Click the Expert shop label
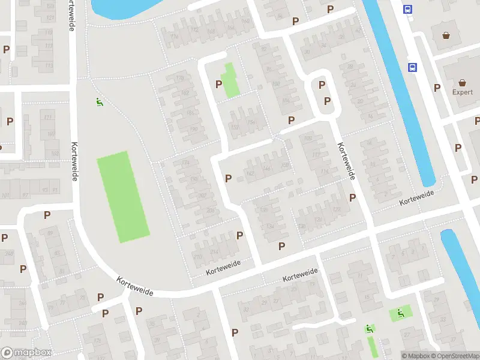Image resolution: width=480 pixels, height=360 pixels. tap(463, 92)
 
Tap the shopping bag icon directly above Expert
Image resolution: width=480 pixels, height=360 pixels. tap(463, 83)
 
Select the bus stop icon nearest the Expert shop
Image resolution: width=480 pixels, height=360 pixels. tap(412, 68)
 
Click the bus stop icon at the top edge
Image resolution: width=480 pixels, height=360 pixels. tap(408, 9)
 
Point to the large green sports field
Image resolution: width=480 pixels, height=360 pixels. tap(123, 196)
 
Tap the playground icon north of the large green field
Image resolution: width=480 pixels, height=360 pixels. tap(99, 102)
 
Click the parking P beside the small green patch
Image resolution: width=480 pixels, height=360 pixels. tap(218, 84)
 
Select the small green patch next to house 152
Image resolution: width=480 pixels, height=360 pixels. tap(232, 80)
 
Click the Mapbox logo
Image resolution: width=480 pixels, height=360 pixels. tap(26, 353)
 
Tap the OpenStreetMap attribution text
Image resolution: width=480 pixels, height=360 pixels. tap(453, 356)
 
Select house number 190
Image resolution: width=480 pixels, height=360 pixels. tap(193, 128)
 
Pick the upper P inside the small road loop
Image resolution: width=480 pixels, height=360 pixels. tap(322, 85)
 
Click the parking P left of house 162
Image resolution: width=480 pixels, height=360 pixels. tap(228, 178)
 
